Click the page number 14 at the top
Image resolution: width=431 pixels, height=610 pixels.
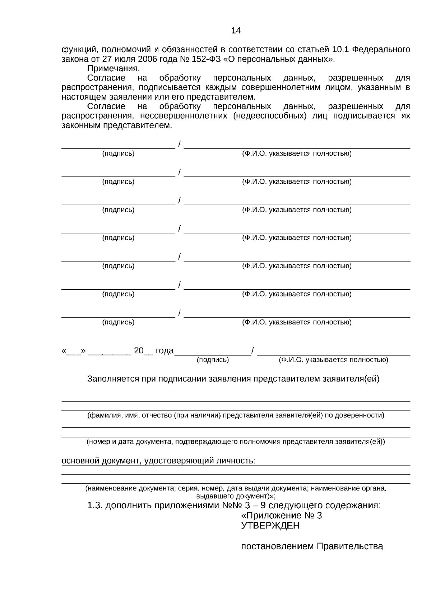click(x=236, y=31)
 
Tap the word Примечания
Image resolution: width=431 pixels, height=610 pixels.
click(x=113, y=69)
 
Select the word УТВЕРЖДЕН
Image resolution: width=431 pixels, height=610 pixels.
click(x=270, y=526)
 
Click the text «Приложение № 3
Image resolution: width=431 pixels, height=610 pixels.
click(x=281, y=516)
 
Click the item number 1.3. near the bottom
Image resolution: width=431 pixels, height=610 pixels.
click(x=95, y=506)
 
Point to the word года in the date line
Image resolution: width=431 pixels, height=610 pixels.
click(x=164, y=351)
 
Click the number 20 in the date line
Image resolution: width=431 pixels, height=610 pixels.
click(x=139, y=351)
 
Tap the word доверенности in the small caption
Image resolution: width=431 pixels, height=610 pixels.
click(x=363, y=416)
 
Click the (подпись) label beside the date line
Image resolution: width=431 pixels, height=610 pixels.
click(x=213, y=360)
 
